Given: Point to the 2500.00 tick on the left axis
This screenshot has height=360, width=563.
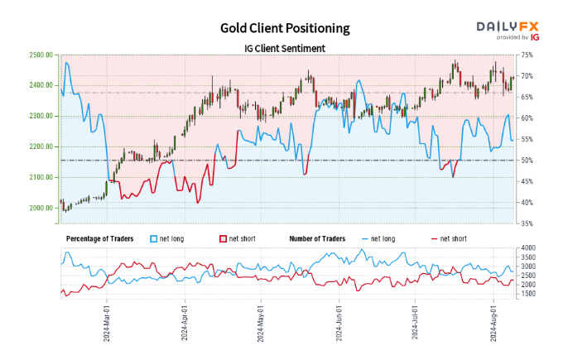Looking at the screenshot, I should tap(41, 55).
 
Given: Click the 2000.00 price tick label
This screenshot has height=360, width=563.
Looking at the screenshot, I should tap(41, 208).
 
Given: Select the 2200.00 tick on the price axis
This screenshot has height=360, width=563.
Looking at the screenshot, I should tap(41, 146).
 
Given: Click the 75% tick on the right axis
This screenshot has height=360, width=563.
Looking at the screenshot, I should tap(527, 55).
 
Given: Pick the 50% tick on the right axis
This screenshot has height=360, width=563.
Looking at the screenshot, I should tap(527, 160).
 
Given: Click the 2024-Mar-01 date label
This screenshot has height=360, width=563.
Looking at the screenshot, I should tap(106, 322).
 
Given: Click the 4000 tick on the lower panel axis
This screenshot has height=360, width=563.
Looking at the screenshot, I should tap(530, 248).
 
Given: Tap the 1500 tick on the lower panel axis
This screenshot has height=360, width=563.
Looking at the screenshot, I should tap(530, 295).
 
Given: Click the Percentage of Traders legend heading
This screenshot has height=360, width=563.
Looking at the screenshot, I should tap(103, 238).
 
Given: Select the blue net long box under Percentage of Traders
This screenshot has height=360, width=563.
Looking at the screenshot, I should tap(155, 238).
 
